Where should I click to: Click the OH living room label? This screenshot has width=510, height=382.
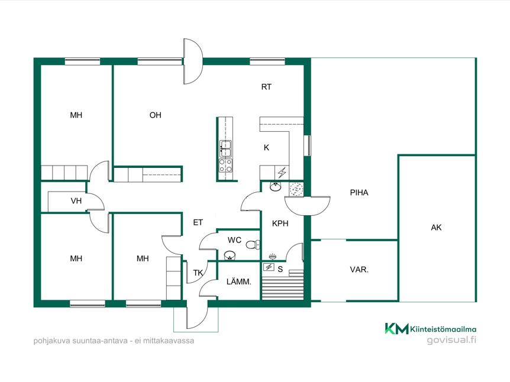click(155, 115)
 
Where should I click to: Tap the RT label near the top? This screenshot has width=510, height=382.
click(266, 87)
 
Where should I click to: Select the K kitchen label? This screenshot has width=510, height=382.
click(266, 148)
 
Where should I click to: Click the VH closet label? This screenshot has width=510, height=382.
click(76, 200)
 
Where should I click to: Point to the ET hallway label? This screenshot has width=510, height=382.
click(198, 222)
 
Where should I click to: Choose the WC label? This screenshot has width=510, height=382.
click(234, 240)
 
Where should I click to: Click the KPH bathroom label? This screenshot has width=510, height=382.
click(280, 224)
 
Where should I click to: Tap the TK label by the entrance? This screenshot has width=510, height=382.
click(198, 273)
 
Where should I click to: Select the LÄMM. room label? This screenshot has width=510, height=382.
click(239, 281)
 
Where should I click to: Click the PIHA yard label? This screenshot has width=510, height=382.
click(359, 192)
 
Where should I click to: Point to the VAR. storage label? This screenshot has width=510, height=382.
click(359, 270)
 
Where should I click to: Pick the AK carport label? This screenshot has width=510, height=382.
click(436, 228)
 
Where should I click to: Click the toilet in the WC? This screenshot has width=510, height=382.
click(253, 244)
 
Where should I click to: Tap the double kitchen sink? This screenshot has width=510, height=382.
click(225, 148)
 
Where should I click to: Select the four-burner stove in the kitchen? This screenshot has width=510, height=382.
click(225, 165)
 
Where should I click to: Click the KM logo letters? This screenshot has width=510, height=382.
click(397, 328)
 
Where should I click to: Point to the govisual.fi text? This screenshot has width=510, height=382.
click(451, 340)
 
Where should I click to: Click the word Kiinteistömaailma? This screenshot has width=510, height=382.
click(443, 329)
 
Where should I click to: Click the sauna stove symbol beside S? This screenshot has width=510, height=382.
click(269, 267)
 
